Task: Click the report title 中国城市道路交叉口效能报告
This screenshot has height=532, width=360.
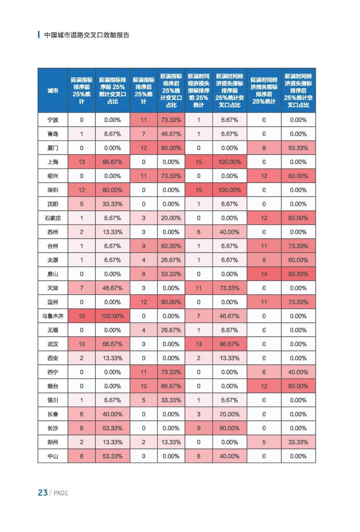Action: tap(87, 35)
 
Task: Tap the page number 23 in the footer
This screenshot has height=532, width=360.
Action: tap(43, 493)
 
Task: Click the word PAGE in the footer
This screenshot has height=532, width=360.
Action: tap(61, 493)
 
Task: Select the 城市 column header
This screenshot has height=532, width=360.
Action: tap(53, 91)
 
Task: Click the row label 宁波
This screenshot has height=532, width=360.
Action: tap(53, 120)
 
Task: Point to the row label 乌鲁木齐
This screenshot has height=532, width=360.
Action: tap(53, 316)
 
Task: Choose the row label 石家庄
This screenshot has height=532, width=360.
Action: tap(53, 218)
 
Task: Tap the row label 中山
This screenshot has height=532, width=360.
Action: tap(53, 456)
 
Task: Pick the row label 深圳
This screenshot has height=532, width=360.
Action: tap(53, 190)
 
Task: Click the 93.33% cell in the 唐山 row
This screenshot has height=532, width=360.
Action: tap(298, 274)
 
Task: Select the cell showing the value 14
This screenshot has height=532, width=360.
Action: tap(264, 274)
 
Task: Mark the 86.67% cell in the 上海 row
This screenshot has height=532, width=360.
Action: tap(112, 162)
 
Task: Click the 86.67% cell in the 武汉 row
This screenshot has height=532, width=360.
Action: tap(229, 344)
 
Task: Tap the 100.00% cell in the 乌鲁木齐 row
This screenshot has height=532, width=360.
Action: tap(112, 316)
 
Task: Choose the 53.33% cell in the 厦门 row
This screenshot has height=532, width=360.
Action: tap(298, 148)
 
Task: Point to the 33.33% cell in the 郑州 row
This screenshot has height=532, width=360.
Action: tap(298, 442)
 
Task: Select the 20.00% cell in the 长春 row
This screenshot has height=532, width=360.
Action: tap(229, 414)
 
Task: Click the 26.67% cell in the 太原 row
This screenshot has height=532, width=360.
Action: tap(171, 260)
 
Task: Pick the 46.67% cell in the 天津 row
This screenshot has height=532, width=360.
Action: tap(112, 288)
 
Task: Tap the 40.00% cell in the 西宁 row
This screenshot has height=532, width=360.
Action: tap(298, 372)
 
